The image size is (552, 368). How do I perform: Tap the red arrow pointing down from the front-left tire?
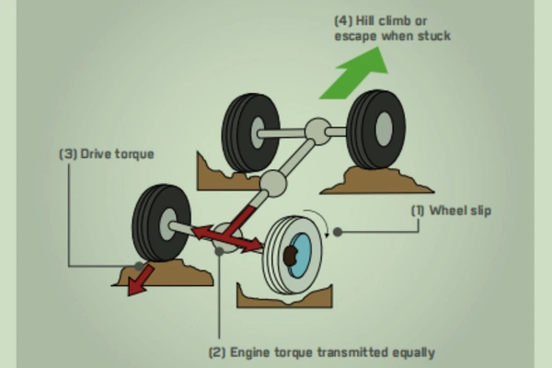pyautogui.click(x=141, y=280)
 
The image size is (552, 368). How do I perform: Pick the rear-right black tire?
pyautogui.click(x=376, y=129)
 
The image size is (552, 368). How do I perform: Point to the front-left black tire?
pyautogui.click(x=156, y=222)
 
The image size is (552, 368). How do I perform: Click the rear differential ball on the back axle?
pyautogui.click(x=317, y=131)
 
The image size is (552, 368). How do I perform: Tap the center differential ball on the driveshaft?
pyautogui.click(x=273, y=182)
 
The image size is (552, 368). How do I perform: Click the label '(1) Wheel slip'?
pyautogui.click(x=450, y=211)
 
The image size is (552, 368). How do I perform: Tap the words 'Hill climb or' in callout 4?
pyautogui.click(x=374, y=19)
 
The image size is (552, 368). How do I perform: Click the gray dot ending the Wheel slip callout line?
pyautogui.click(x=338, y=232)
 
